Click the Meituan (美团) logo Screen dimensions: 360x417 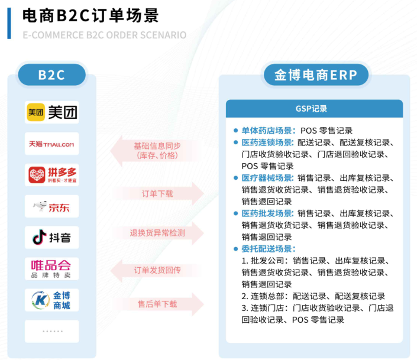52,112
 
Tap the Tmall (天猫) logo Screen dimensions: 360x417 52,144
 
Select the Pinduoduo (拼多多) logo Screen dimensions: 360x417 52,175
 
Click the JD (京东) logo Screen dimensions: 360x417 52,206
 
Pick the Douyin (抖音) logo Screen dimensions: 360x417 52,238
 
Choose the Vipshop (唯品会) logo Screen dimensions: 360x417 52,268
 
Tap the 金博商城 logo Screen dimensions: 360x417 52,300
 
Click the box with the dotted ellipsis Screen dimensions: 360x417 52,331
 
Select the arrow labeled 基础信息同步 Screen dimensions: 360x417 157,151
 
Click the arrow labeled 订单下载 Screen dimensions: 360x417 157,193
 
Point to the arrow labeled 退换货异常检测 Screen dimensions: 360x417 157,233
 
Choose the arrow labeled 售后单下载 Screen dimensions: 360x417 157,304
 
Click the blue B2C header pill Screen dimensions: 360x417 51,75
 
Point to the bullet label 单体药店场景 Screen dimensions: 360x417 267,131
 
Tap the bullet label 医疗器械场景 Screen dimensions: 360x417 267,178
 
